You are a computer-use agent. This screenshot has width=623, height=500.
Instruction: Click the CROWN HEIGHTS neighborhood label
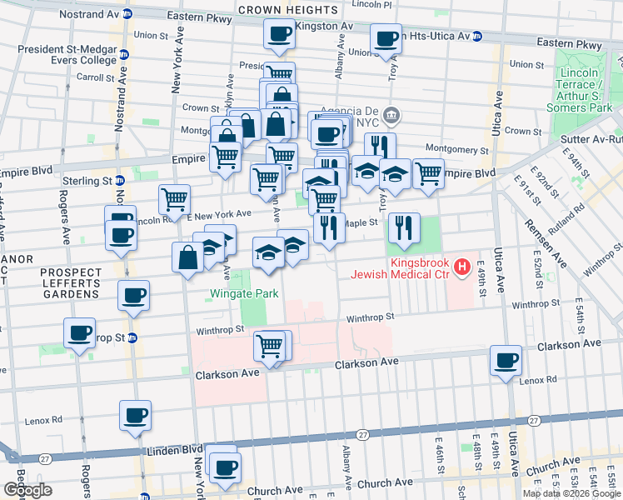pos(287,10)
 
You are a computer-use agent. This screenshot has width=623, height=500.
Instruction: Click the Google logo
pos(27,490)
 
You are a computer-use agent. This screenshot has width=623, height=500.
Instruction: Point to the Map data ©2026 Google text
pos(572,493)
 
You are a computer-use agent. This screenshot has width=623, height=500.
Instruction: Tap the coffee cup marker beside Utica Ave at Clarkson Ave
pos(506,361)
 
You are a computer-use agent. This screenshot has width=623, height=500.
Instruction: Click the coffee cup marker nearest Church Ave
pos(224,467)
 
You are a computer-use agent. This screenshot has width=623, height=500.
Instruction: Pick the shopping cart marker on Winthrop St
pos(270,345)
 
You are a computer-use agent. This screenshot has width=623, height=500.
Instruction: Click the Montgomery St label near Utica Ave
pos(456,149)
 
